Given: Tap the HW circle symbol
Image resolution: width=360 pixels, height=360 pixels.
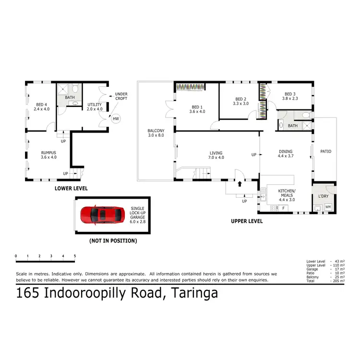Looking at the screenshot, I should pyautogui.click(x=115, y=119).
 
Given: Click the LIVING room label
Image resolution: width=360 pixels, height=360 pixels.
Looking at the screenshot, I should pyautogui.click(x=216, y=155).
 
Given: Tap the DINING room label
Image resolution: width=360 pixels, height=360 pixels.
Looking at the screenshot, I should pyautogui.click(x=286, y=154).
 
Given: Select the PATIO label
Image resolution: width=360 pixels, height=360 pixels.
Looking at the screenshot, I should pyautogui.click(x=325, y=151).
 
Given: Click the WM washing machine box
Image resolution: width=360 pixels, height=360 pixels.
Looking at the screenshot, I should pyautogui.click(x=328, y=207).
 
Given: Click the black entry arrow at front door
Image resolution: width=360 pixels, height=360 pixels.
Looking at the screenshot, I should pyautogui.click(x=240, y=183).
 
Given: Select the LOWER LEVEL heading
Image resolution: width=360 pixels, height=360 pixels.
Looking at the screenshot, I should pyautogui.click(x=71, y=189).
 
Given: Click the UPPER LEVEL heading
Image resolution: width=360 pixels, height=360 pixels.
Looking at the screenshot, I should pyautogui.click(x=247, y=221).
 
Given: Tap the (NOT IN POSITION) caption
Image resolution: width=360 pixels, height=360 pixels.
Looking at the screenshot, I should pyautogui.click(x=113, y=240).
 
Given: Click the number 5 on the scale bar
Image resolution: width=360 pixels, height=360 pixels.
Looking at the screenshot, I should pyautogui.click(x=75, y=256).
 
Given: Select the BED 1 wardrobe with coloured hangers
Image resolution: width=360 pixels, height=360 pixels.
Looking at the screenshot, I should pyautogui.click(x=191, y=87).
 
